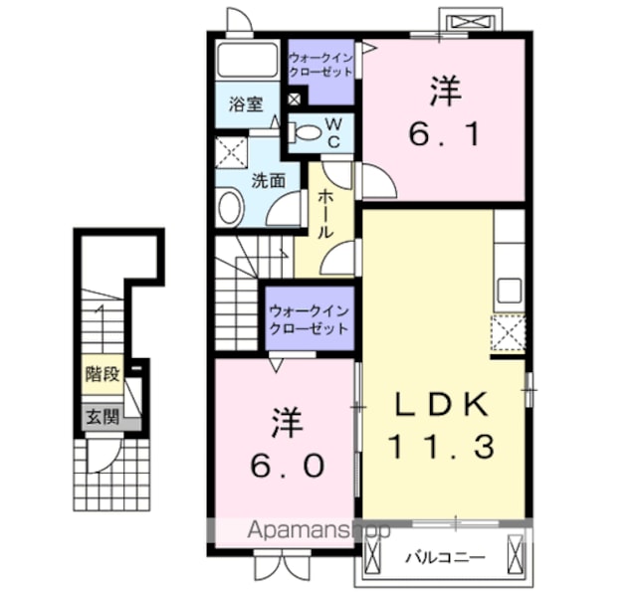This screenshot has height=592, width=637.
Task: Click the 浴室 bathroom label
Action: (246, 103)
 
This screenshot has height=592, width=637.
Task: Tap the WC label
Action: (333, 132)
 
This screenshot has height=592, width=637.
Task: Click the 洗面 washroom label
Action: (268, 180)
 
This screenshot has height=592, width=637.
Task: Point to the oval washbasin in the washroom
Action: (229, 207)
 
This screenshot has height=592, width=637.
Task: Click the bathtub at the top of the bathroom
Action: (247, 60)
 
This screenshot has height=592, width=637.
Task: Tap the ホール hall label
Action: (325, 214)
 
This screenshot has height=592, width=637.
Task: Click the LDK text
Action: (442, 404)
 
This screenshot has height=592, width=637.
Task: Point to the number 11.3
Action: (442, 446)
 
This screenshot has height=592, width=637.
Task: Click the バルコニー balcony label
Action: (446, 557)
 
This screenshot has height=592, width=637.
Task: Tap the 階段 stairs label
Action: (103, 374)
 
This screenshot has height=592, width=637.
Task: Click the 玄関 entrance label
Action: (104, 417)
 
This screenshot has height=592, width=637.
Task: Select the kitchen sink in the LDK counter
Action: (510, 291)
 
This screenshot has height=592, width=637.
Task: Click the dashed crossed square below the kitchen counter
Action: (508, 333)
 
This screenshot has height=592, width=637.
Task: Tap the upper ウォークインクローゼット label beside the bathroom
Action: (320, 65)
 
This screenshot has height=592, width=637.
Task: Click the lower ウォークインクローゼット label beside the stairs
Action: (310, 319)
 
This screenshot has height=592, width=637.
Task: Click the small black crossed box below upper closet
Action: (294, 99)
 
